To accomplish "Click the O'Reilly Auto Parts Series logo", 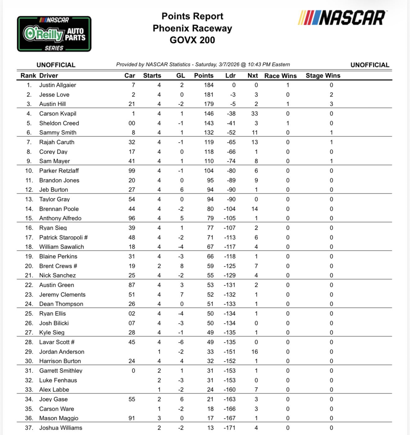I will [54, 34].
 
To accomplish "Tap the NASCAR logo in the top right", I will [342, 18].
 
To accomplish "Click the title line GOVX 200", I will [192, 40].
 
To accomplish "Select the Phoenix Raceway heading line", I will [192, 28].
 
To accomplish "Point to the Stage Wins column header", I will [323, 75].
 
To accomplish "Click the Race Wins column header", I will [280, 76].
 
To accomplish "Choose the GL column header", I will [180, 75].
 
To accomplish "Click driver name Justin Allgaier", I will [57, 85].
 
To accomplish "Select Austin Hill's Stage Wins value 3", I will [331, 104].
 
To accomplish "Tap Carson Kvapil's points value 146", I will [209, 114].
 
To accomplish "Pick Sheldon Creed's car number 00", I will [132, 123].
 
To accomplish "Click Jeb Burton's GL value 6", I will [182, 190].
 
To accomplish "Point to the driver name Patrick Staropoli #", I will [63, 238].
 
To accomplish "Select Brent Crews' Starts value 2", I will [159, 266].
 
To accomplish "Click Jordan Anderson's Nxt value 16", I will [255, 352].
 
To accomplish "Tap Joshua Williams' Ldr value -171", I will [230, 428].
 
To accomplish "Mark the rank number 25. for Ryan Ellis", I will [29, 314].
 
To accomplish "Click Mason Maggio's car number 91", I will [132, 418].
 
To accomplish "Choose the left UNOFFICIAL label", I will [56, 65].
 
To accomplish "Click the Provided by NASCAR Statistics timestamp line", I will [203, 65].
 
